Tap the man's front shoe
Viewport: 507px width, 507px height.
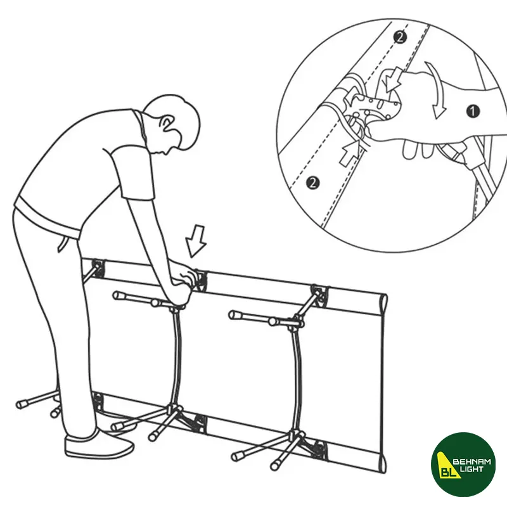[99, 444]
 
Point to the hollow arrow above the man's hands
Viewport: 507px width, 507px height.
[196, 241]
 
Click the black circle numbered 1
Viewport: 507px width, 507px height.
[473, 112]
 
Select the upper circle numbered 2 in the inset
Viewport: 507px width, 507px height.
[400, 37]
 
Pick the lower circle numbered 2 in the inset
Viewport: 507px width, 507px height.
[312, 183]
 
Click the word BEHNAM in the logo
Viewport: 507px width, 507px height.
[472, 462]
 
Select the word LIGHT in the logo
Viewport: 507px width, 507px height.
[472, 469]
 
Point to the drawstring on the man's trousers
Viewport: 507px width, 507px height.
[63, 243]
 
